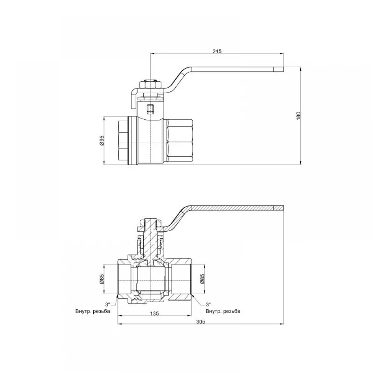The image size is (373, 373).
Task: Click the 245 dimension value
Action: [217, 51]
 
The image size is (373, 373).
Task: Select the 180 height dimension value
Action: [298, 116]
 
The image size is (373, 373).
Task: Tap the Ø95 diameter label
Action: [102, 140]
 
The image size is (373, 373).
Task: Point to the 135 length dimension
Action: [154, 314]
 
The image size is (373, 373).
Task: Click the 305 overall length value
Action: [201, 322]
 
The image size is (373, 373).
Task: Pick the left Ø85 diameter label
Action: [102, 279]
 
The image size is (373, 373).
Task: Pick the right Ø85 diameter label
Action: [202, 279]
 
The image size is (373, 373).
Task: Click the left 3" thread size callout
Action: [108, 304]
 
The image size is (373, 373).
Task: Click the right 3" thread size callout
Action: [209, 304]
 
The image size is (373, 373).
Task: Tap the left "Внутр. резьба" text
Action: [93, 311]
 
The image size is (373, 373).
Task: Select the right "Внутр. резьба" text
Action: [223, 311]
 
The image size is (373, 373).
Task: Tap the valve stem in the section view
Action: [150, 240]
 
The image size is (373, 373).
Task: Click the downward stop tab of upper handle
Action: [133, 100]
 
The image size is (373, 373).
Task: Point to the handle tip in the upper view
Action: [279, 69]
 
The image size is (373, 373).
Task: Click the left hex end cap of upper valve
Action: [123, 141]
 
